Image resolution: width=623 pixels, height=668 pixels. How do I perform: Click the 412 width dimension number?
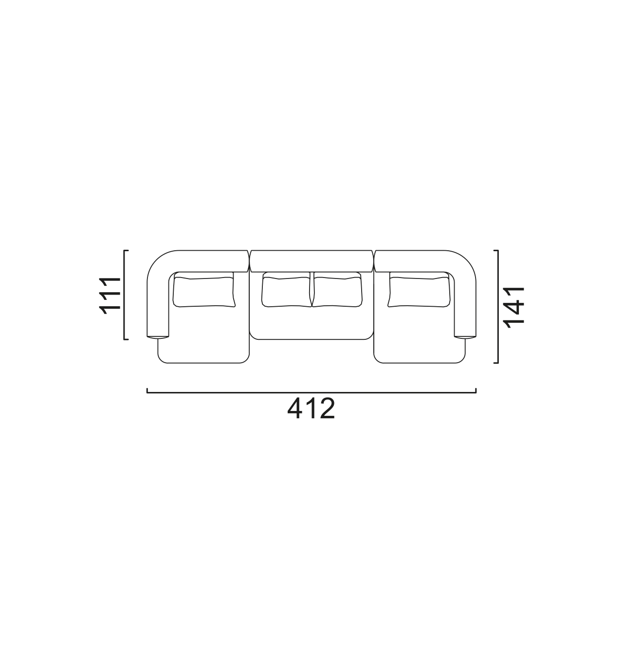coord(310,410)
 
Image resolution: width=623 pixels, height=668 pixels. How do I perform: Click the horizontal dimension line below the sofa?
coord(311,392)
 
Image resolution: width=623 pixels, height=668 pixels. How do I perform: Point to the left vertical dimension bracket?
coord(125,296)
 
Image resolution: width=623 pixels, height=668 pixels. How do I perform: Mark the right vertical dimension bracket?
coord(496,308)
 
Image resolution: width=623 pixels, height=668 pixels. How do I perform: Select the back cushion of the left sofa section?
coord(203,291)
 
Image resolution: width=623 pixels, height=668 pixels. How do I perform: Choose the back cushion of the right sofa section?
coord(419,291)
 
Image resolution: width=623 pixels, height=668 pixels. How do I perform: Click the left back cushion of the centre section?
coord(285,291)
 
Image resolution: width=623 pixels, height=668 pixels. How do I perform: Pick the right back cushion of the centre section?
coord(337,291)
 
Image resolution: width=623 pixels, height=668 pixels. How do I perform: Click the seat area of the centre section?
coord(311,322)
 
